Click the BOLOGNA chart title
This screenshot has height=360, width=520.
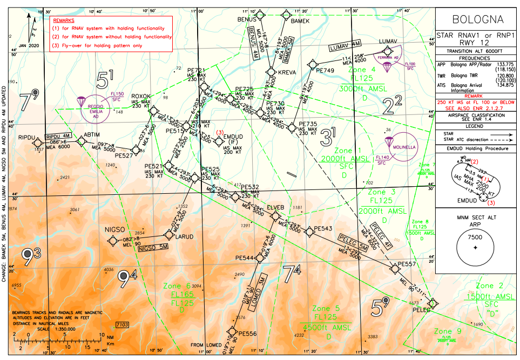(x=477, y=20)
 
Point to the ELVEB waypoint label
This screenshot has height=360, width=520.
(x=275, y=207)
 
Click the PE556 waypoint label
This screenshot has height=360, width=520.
(x=247, y=334)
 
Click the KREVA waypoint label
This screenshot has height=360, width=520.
(x=286, y=72)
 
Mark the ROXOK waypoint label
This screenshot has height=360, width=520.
(x=141, y=97)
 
